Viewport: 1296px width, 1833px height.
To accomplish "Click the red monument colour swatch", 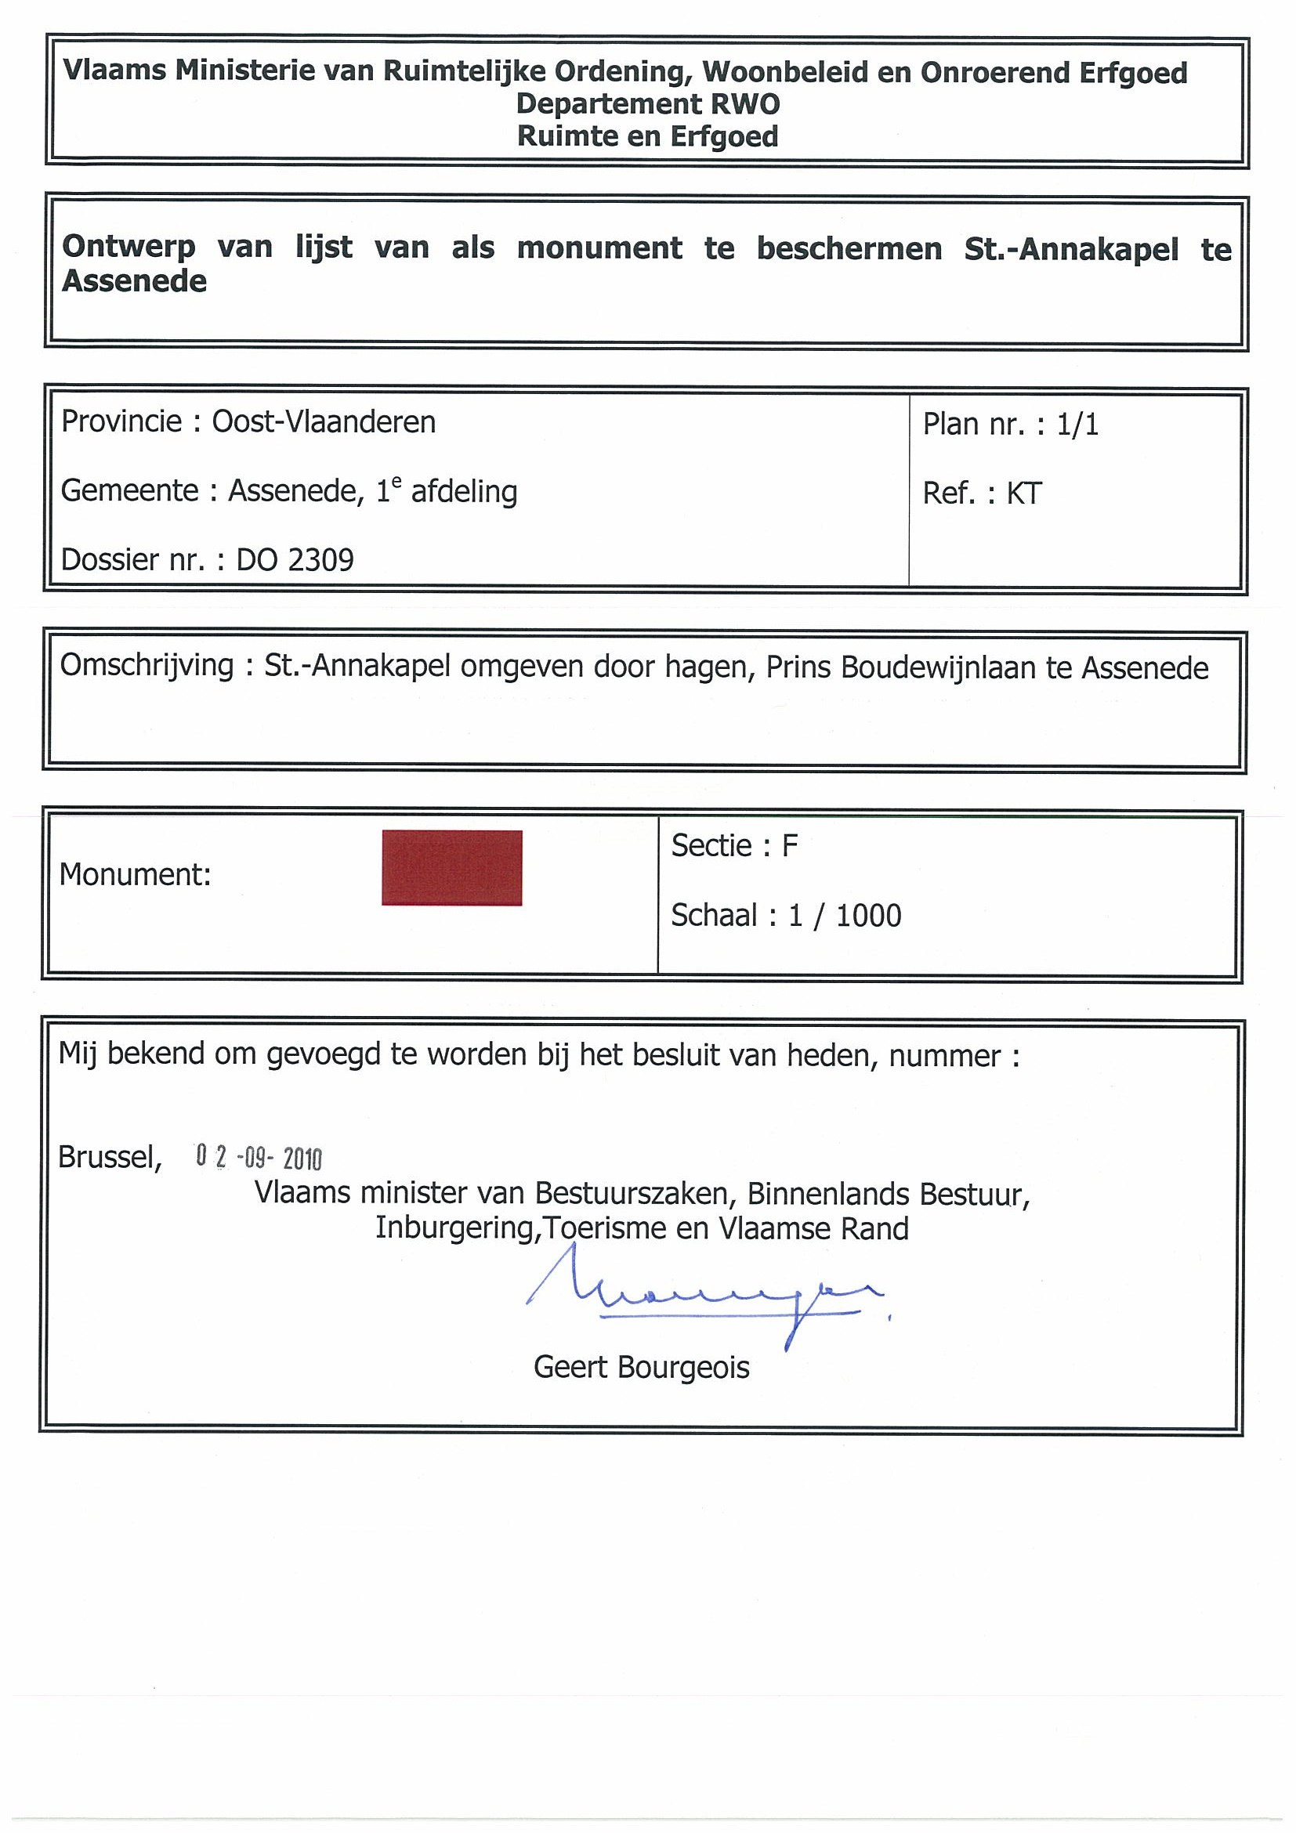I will point(451,868).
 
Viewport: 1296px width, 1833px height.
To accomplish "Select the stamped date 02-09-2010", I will point(259,1157).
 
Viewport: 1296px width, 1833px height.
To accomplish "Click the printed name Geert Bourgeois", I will point(641,1368).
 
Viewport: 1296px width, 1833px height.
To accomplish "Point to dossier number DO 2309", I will point(295,560).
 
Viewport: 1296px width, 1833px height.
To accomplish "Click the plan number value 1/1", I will point(1077,425).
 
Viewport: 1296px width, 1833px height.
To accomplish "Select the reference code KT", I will point(1023,494).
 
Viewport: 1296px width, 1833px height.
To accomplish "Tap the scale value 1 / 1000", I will point(845,916).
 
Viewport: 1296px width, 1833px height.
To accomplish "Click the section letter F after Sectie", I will point(789,846).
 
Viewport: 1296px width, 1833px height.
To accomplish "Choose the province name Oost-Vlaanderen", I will point(324,422).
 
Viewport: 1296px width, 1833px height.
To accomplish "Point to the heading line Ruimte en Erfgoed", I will point(647,136).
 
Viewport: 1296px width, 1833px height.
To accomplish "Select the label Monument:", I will point(135,876).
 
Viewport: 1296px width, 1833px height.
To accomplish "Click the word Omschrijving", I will point(147,666).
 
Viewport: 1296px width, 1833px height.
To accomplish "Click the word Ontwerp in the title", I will point(129,247).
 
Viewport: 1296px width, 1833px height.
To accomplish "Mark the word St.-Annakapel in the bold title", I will point(1071,249).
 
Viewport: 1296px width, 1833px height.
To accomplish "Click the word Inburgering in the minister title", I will point(454,1227).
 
